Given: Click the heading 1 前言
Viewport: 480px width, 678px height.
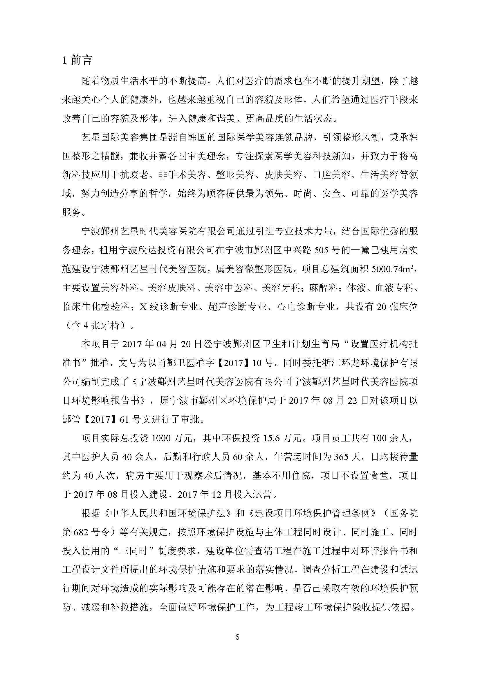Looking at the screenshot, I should point(77,60).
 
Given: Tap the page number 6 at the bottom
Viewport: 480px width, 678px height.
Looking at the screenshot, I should point(237,637).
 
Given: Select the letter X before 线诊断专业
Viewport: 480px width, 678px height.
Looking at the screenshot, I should point(143,307).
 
